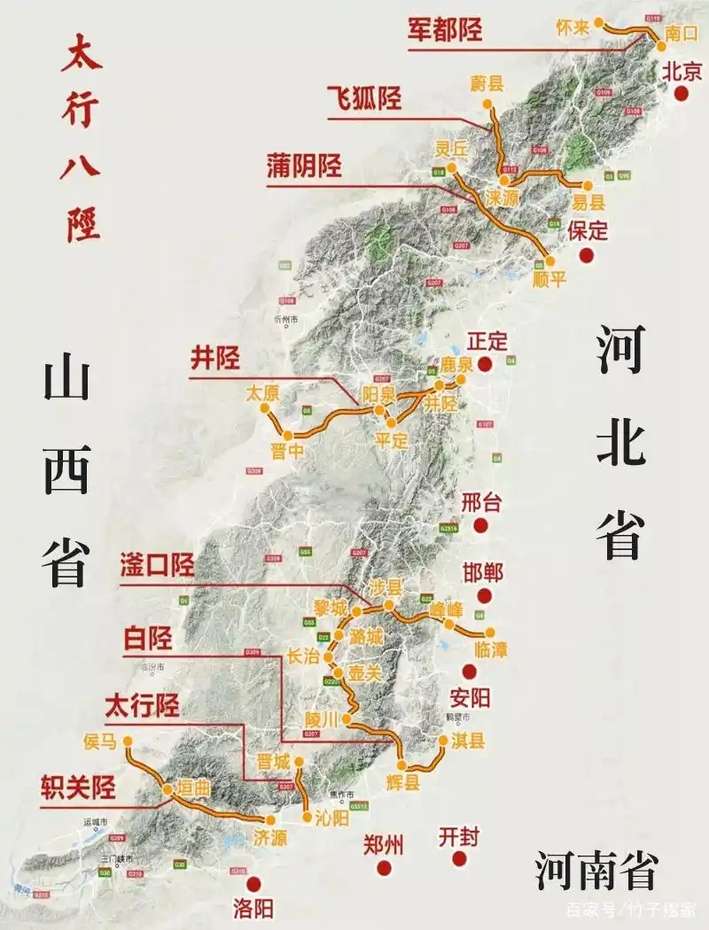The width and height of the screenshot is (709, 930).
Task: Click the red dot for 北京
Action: [682, 94]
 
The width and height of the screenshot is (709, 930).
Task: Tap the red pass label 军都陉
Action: [445, 29]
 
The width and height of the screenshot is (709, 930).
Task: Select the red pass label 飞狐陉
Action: [363, 97]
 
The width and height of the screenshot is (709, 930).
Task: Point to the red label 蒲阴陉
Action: [304, 166]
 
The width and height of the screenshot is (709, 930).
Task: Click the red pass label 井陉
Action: [215, 358]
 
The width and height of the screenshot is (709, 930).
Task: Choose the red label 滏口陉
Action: [157, 566]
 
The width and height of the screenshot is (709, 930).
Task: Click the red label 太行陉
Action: [142, 705]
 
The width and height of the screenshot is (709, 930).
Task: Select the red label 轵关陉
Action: [78, 786]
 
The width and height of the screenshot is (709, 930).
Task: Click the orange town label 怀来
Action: [573, 27]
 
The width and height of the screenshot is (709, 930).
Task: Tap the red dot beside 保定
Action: [586, 256]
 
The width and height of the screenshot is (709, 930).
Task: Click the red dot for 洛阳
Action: [253, 883]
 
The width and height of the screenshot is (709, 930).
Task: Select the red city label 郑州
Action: [384, 845]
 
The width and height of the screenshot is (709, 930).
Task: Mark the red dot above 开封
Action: [459, 858]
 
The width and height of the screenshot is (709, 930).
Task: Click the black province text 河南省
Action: [596, 871]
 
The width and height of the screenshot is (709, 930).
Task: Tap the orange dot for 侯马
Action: [128, 740]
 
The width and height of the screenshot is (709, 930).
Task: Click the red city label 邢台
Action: [481, 503]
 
